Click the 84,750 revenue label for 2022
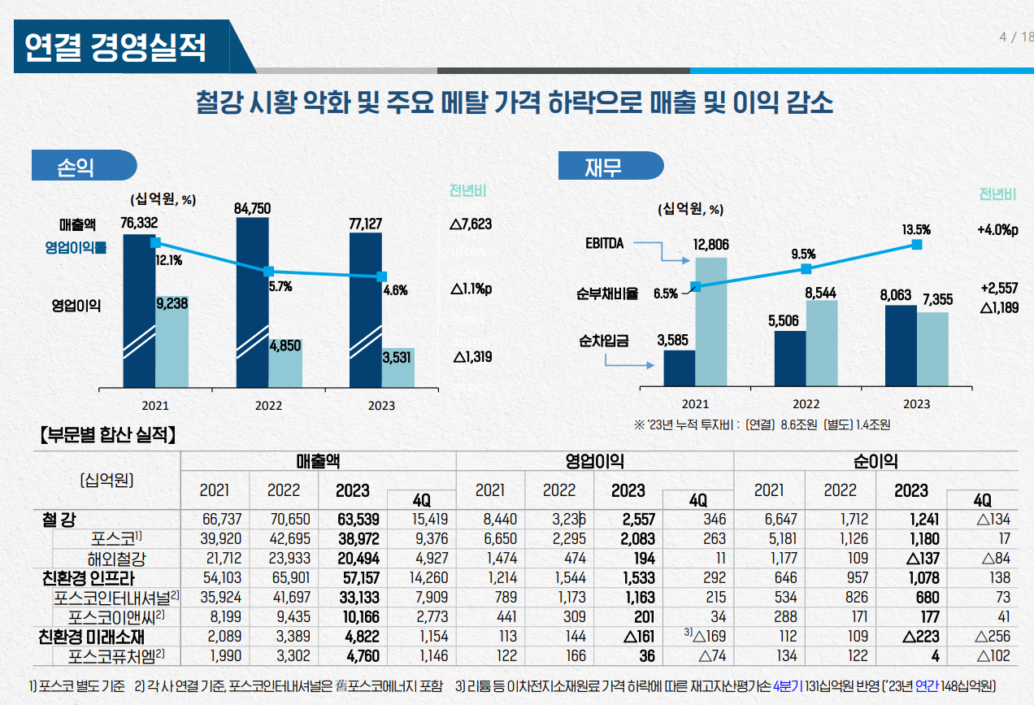click(x=252, y=208)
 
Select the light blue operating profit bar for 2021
click(x=172, y=342)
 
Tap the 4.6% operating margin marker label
click(x=395, y=290)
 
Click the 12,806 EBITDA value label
click(x=710, y=245)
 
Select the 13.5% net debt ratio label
click(x=916, y=230)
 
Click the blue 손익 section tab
click(x=77, y=167)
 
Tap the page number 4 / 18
click(x=1015, y=37)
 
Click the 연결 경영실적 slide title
click(x=115, y=46)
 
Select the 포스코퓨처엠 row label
click(x=117, y=655)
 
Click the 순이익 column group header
click(x=875, y=461)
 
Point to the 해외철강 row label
click(x=121, y=559)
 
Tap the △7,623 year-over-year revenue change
click(x=470, y=224)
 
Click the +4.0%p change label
click(x=997, y=230)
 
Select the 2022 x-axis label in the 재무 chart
click(x=806, y=404)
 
